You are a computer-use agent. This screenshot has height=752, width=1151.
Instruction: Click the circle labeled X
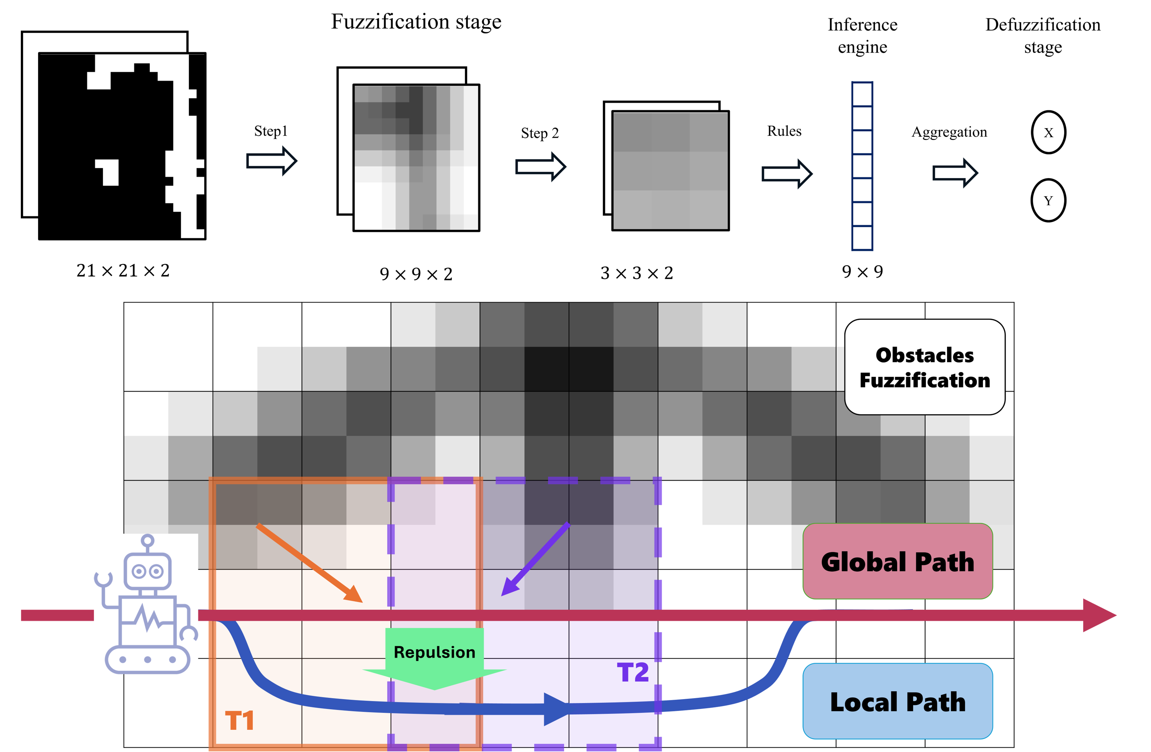(1048, 132)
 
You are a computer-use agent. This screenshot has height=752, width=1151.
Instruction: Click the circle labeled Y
(1048, 200)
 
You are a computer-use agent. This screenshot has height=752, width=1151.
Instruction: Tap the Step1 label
(271, 131)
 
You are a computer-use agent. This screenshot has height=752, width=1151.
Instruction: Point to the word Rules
(784, 131)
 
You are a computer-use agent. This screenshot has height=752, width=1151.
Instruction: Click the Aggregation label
(949, 132)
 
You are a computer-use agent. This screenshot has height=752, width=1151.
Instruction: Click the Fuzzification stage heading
(416, 22)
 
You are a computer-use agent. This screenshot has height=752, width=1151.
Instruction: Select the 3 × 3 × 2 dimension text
(637, 273)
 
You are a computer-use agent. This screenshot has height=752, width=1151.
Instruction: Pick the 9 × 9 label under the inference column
(862, 272)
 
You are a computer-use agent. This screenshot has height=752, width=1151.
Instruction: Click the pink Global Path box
(898, 561)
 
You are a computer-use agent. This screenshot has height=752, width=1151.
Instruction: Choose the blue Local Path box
(898, 701)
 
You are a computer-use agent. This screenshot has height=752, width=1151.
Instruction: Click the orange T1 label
(240, 720)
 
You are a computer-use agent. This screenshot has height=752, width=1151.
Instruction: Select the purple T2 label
(633, 672)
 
